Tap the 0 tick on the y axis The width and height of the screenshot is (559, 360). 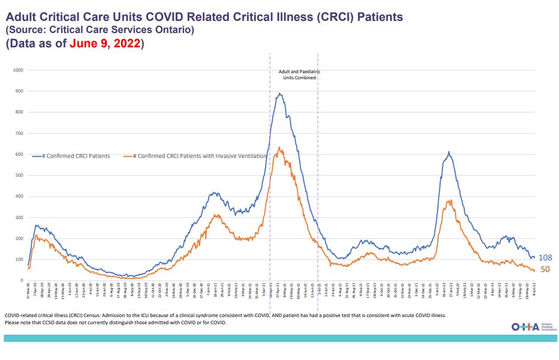coord(23,281)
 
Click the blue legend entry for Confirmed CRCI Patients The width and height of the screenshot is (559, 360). coord(71,156)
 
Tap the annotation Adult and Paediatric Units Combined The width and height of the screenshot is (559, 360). coord(299,75)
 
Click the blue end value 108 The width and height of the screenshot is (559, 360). coord(545,258)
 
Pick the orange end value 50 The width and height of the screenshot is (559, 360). coord(545,269)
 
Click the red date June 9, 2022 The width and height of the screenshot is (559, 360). coord(105,43)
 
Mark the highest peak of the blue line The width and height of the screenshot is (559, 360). coord(280,94)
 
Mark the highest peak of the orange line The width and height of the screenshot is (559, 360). coord(279,148)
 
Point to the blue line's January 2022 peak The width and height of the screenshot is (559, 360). coord(449,152)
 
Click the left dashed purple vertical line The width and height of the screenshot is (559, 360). coord(270,165)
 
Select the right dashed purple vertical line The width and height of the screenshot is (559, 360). coord(318,165)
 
